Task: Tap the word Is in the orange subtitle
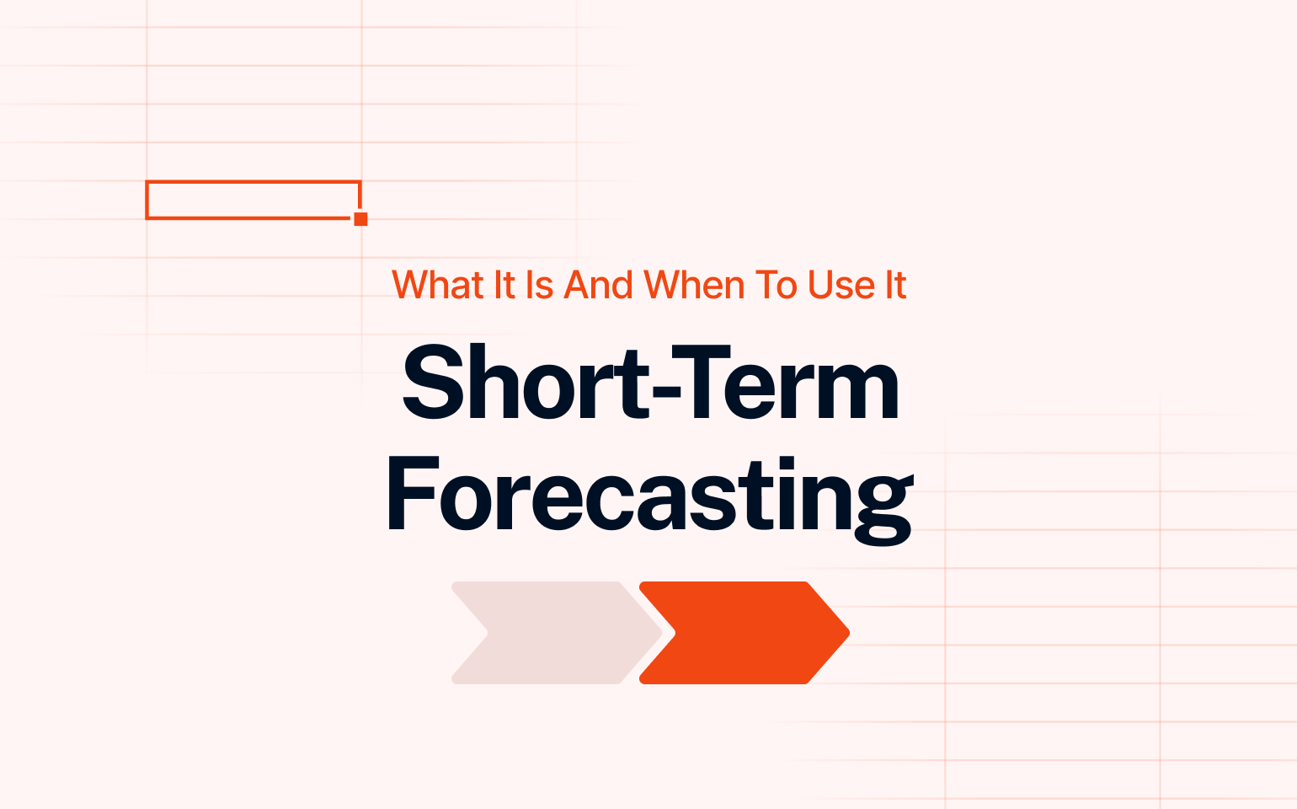tap(539, 285)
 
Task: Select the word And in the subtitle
tap(598, 285)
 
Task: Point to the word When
tap(694, 285)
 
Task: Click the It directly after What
tap(504, 285)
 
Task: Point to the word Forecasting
tap(649, 501)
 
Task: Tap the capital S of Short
tap(433, 383)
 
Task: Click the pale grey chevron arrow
tap(557, 633)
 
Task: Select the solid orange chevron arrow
tap(744, 633)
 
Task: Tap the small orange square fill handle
tap(360, 218)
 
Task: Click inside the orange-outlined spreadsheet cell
tap(253, 200)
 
